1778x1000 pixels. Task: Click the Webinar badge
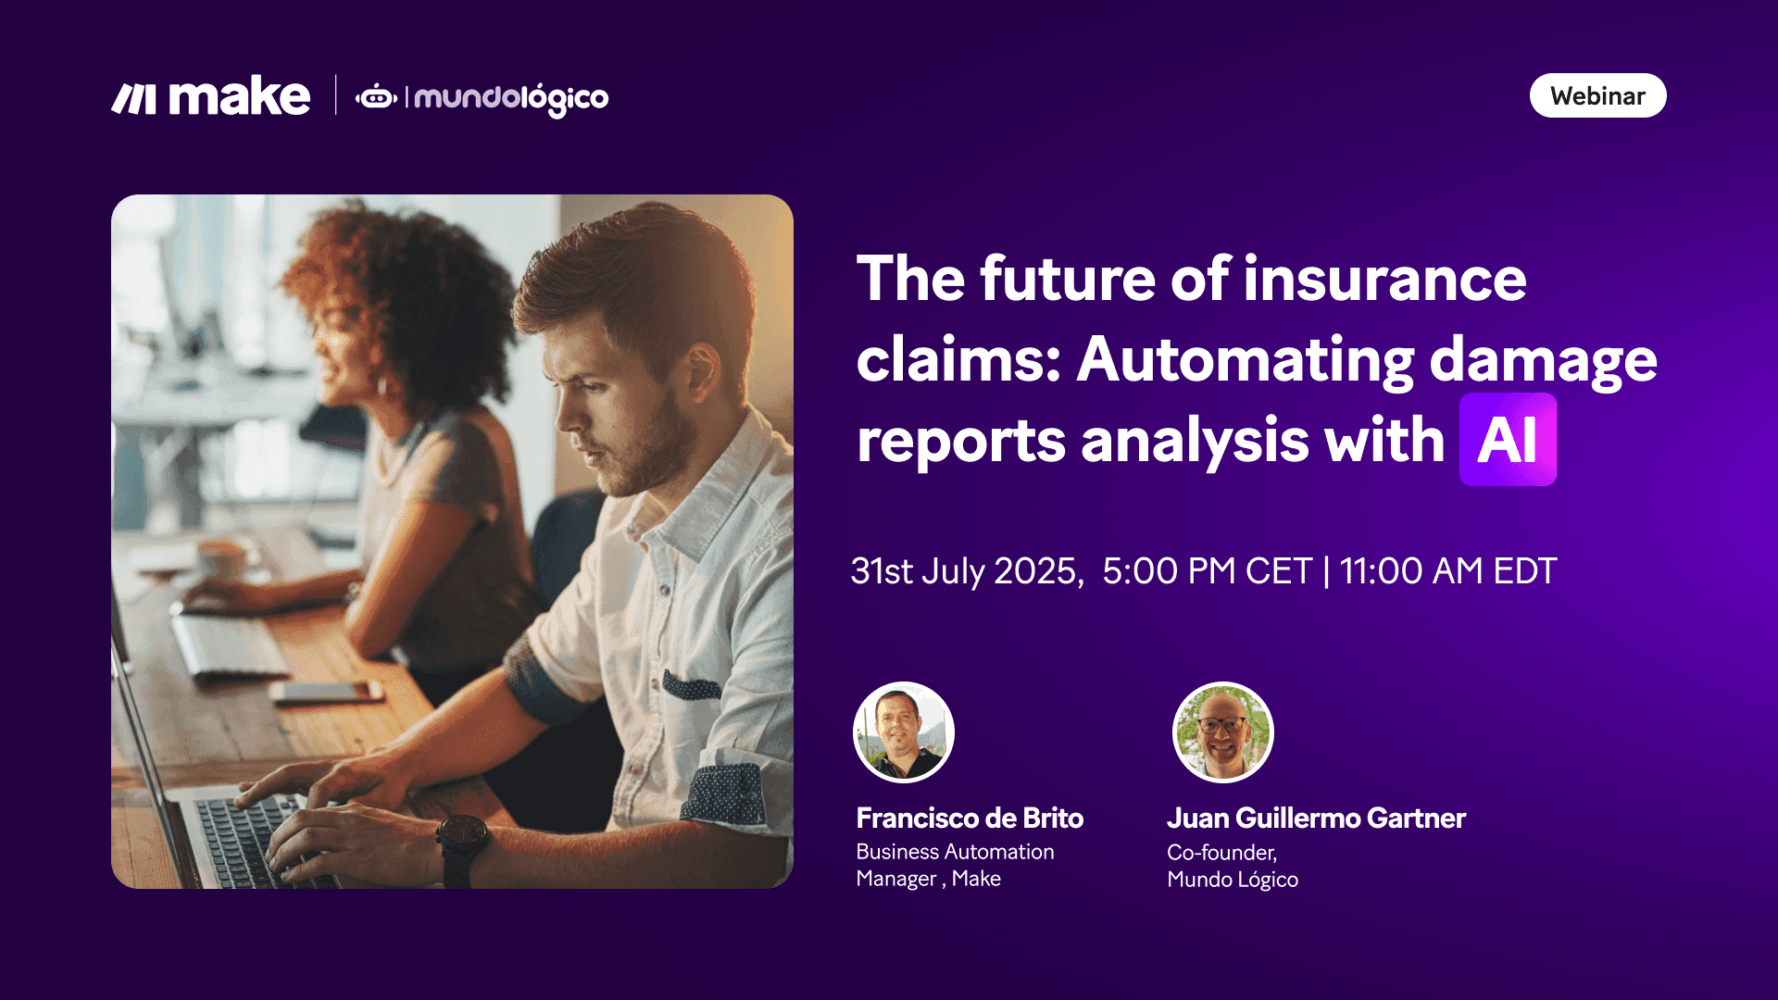(x=1597, y=96)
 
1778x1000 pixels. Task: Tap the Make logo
(x=211, y=97)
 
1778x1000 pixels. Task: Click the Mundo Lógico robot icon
(x=377, y=96)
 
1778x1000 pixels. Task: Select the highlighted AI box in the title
(x=1508, y=440)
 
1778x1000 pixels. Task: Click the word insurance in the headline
(x=1384, y=279)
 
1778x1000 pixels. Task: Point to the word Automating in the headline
(x=1246, y=359)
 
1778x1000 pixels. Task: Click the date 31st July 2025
(x=965, y=571)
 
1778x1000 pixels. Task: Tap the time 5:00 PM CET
(x=1207, y=571)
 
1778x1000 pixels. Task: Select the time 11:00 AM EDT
(x=1448, y=571)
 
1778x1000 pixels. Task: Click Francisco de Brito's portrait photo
(x=903, y=732)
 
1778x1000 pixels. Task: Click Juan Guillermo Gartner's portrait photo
(x=1222, y=732)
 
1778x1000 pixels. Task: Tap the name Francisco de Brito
(x=970, y=819)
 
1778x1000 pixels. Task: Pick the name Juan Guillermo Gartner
(x=1316, y=819)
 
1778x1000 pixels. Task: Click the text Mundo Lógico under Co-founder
(x=1233, y=880)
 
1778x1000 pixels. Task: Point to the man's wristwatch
(x=463, y=838)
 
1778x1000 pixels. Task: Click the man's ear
(x=701, y=370)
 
